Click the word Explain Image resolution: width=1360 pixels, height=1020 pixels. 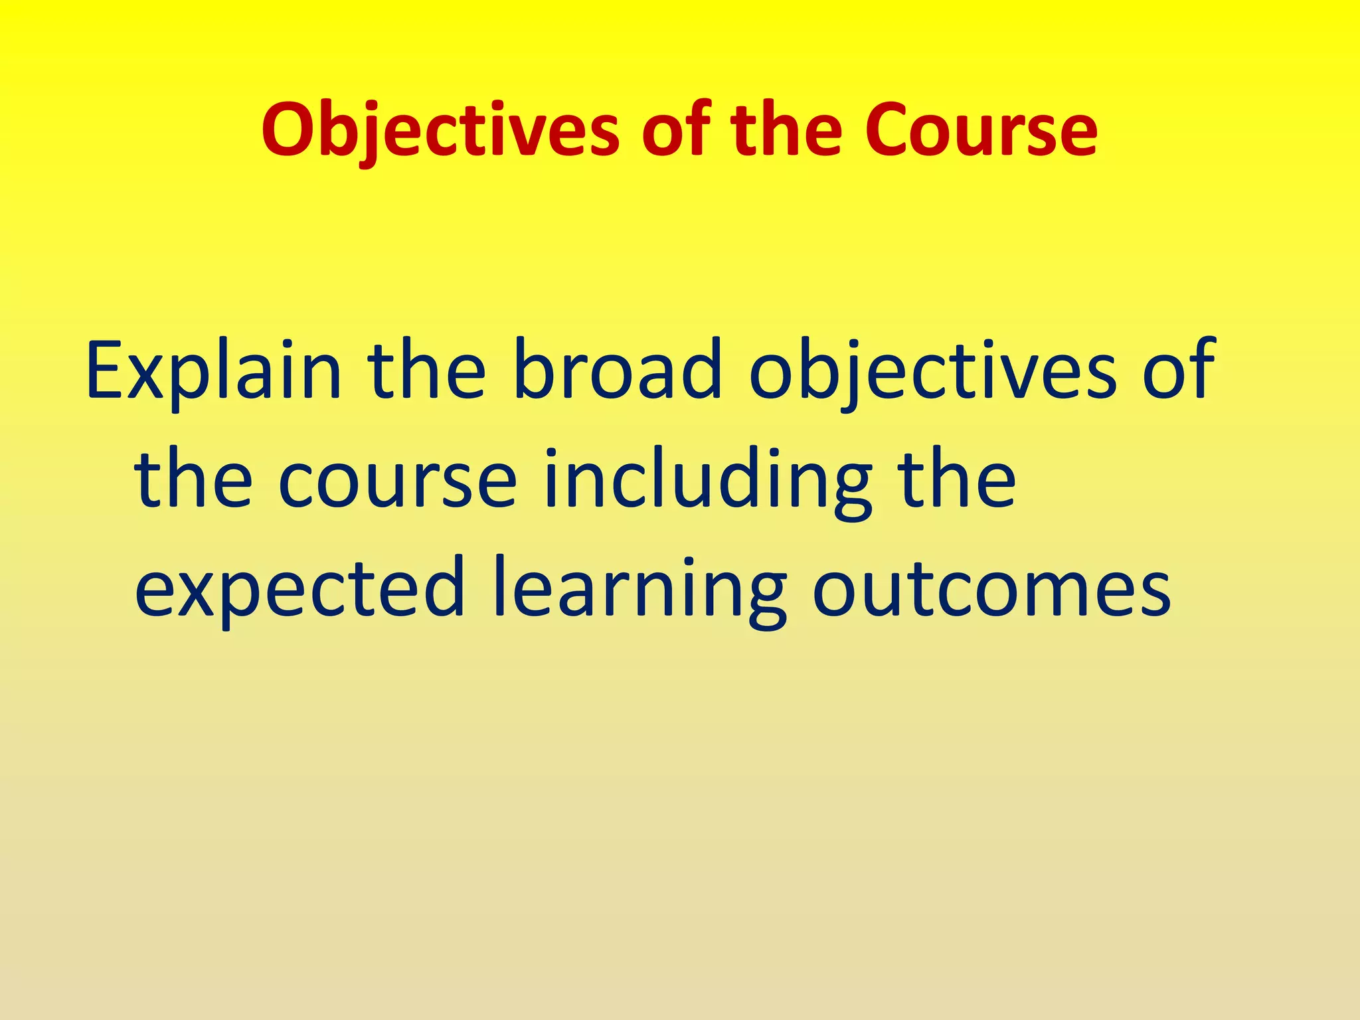click(x=213, y=372)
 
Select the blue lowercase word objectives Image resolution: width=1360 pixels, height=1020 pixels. click(x=933, y=372)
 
